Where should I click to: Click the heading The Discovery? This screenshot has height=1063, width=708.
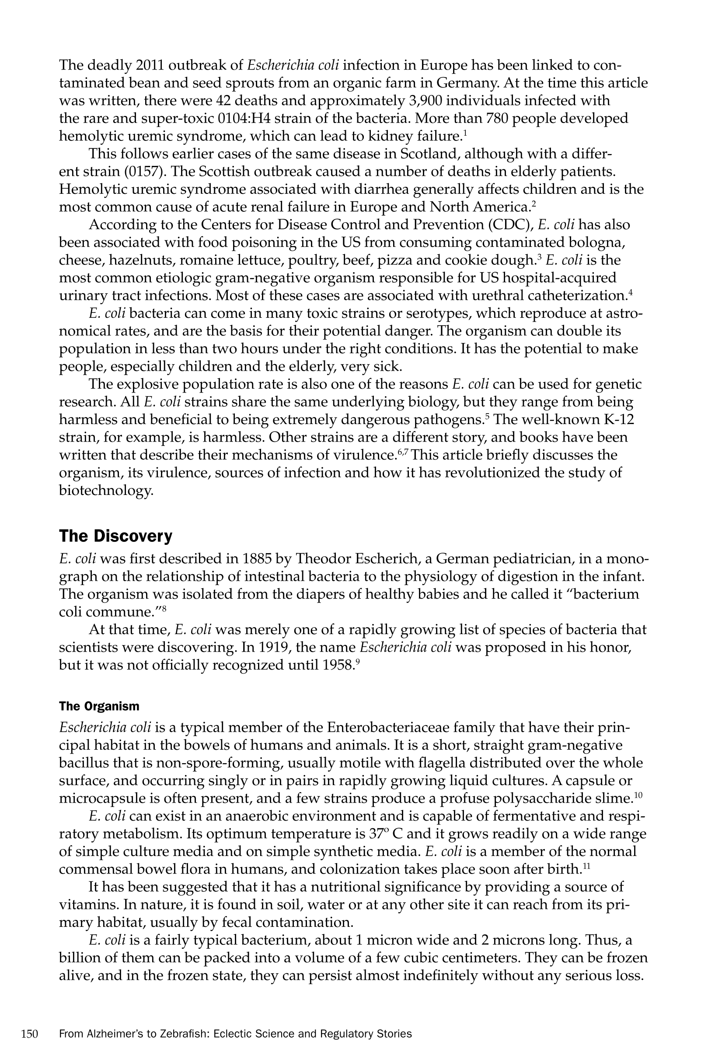(115, 536)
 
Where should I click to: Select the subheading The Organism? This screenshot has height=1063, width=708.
(99, 706)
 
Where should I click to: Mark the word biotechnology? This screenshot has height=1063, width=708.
(106, 491)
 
